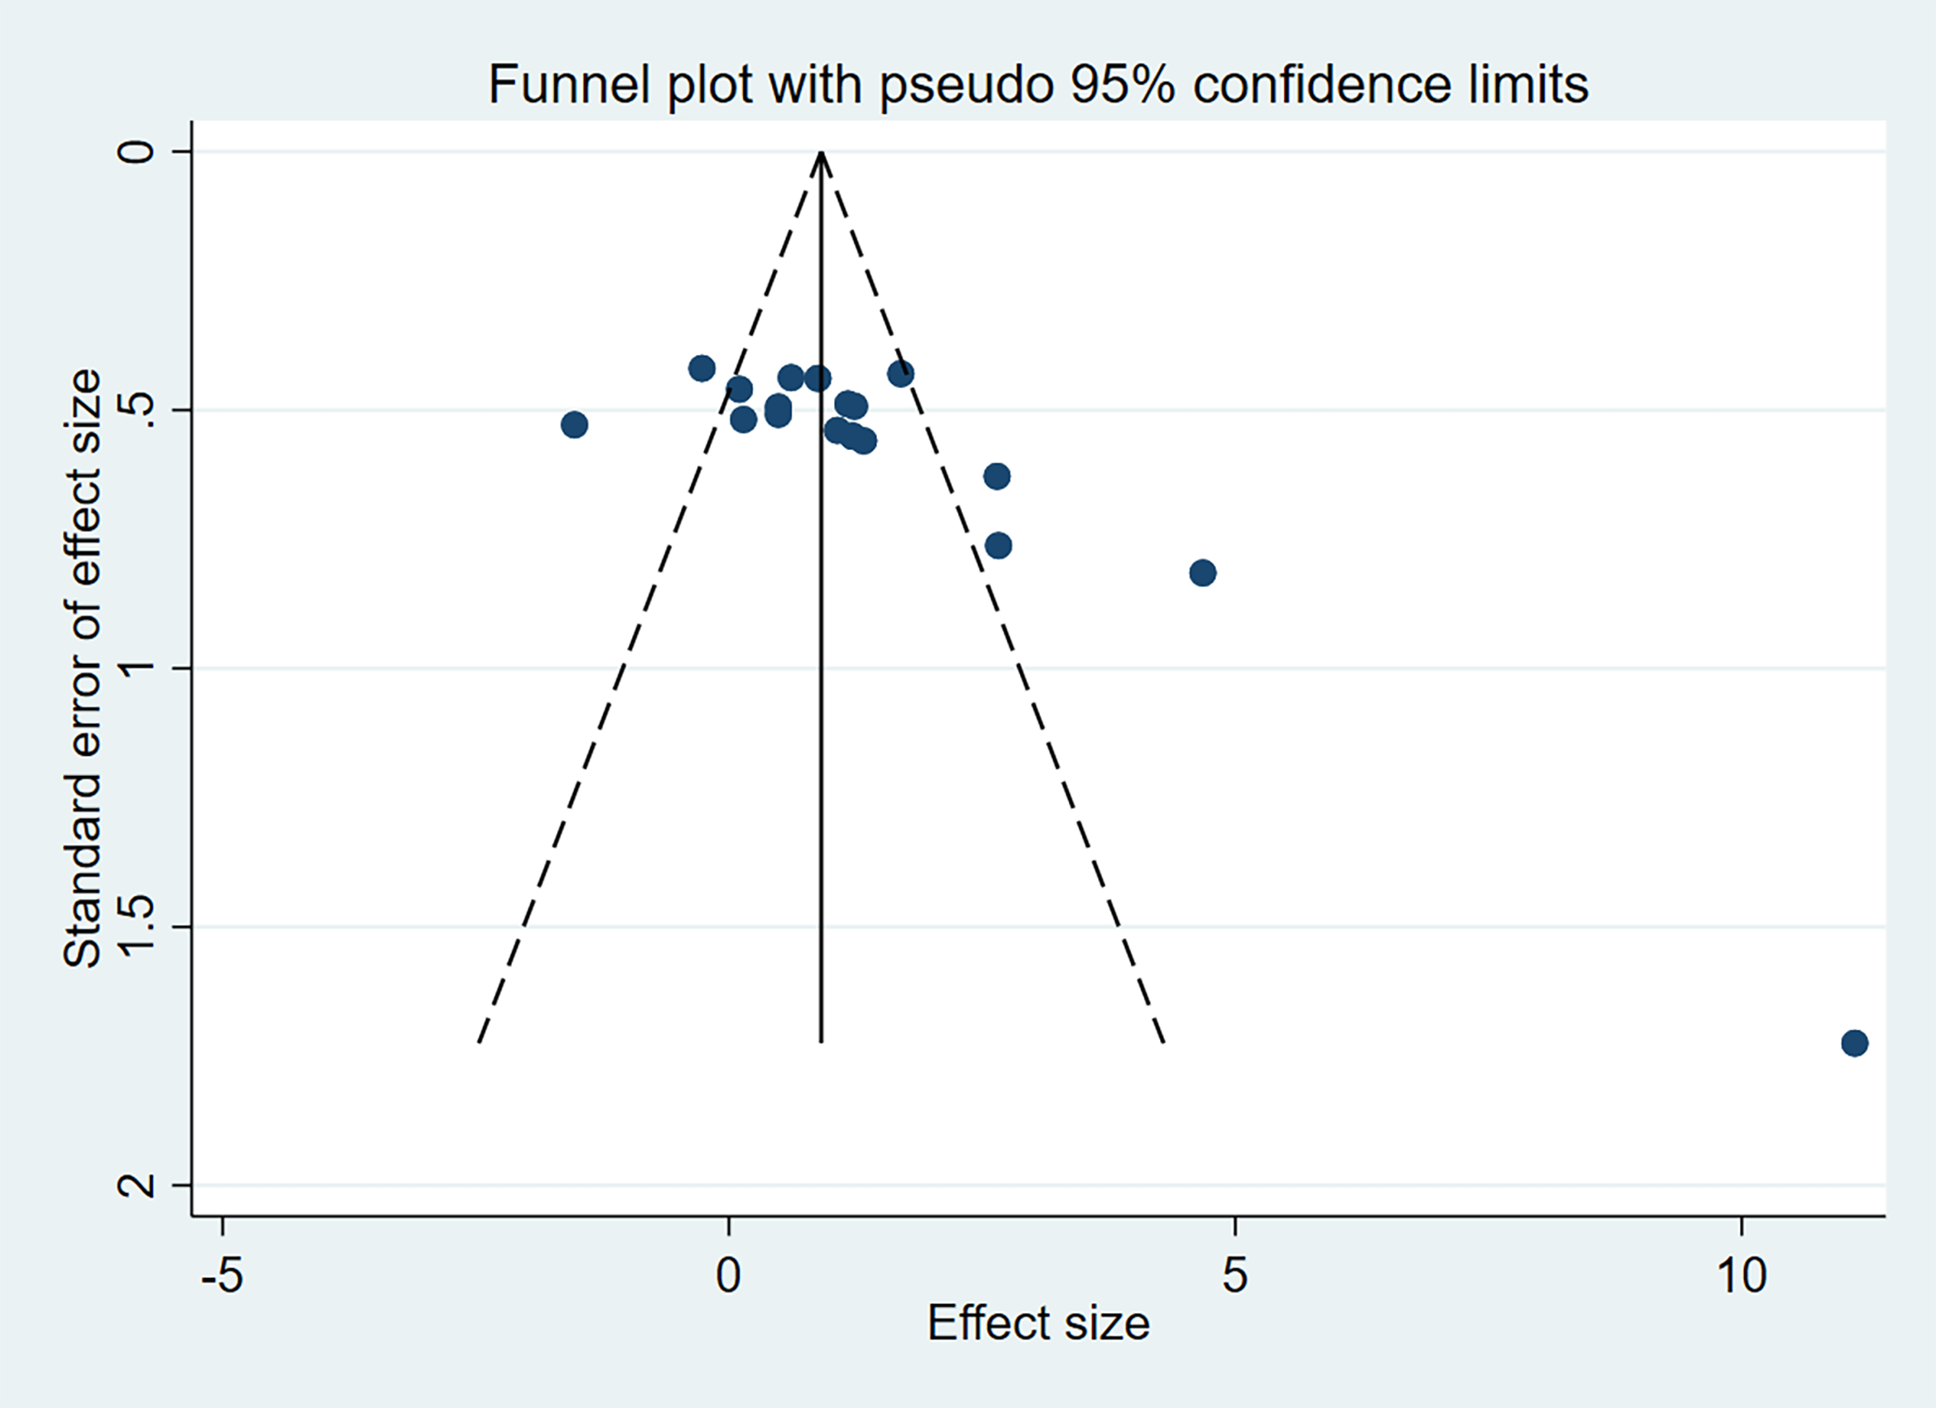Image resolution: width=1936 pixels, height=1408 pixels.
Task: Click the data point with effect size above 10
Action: [1854, 1043]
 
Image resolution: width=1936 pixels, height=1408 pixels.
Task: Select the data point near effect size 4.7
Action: [1202, 573]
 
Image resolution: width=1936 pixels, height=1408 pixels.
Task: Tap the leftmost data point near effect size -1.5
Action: [574, 424]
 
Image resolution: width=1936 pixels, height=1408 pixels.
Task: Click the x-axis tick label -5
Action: [222, 1275]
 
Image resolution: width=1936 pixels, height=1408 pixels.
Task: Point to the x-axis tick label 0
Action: [729, 1275]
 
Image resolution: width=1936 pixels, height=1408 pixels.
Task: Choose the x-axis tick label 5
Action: [1234, 1275]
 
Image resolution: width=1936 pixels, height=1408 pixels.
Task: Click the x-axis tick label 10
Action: [1740, 1275]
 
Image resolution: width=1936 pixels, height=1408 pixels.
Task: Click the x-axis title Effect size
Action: [1038, 1322]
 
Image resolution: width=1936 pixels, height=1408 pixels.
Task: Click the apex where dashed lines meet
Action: [821, 152]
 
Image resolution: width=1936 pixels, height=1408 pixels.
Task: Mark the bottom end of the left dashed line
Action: [479, 1042]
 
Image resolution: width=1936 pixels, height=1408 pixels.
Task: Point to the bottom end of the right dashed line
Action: [1164, 1042]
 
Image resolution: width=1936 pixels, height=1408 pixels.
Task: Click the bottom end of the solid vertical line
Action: [821, 1042]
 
